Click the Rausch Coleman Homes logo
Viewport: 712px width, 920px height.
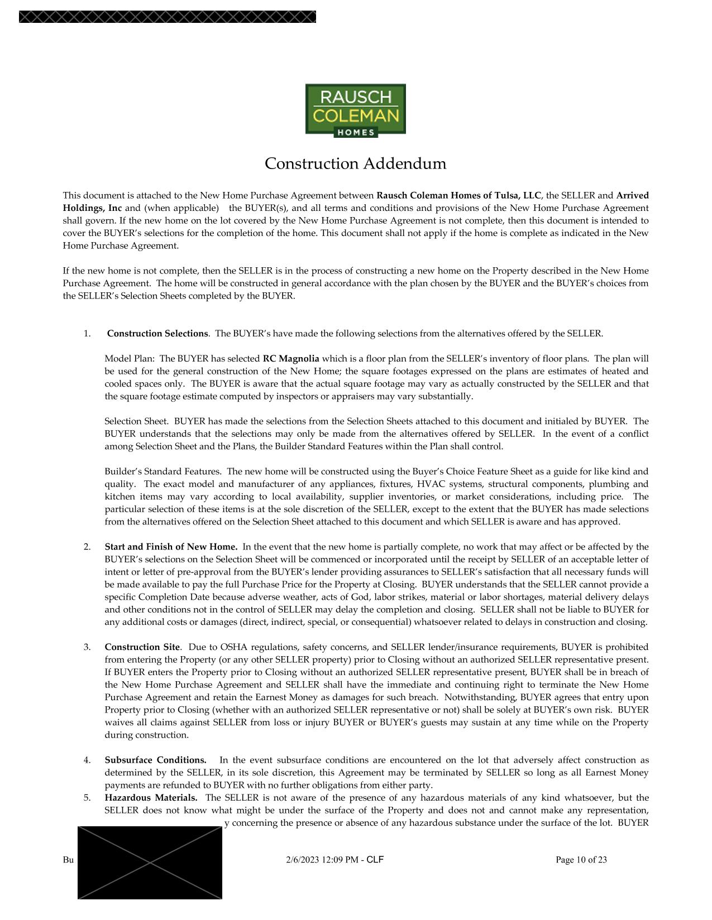point(355,109)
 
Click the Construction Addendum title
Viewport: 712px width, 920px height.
point(355,163)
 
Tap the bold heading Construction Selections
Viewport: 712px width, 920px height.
point(157,334)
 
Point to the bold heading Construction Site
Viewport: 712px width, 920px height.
point(142,647)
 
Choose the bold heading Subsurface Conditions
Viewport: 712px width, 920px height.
point(155,760)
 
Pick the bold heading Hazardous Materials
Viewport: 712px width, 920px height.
point(151,798)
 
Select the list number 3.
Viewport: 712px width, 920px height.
point(87,647)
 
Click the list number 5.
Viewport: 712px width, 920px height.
point(87,798)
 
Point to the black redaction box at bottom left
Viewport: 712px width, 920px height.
point(150,863)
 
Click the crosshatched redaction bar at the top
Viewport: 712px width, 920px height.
point(168,17)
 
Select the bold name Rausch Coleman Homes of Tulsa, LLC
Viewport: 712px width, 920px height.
point(459,195)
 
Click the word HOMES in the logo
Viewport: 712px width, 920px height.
point(355,132)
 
